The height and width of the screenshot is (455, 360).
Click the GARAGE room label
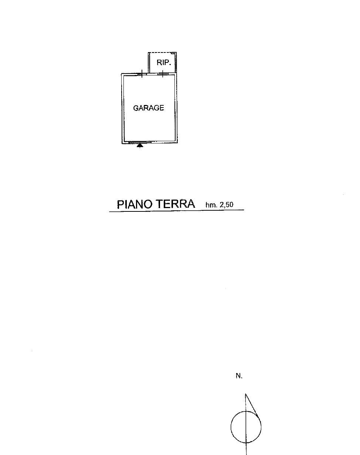pos(149,108)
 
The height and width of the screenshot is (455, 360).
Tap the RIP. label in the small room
pos(164,62)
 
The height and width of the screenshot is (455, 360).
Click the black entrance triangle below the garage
pos(140,146)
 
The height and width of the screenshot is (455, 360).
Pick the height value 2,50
pos(227,205)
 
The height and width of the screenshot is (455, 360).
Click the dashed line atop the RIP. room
pos(162,52)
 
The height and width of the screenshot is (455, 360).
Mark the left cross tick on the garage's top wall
pos(142,74)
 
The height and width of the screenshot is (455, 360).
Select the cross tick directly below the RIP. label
pos(163,74)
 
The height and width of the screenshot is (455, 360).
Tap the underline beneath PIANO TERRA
pos(177,211)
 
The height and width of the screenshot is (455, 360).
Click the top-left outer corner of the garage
pos(122,74)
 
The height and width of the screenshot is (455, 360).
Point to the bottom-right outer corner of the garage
pos(177,143)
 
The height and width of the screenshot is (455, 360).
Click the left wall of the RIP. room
pos(149,63)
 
